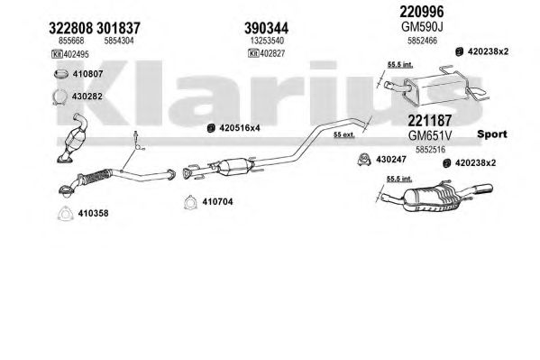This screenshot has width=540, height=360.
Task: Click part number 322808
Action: coord(70,28)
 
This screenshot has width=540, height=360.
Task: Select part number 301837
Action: coord(118,28)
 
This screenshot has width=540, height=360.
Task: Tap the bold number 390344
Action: coord(266,28)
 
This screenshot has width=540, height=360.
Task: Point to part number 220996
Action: coord(422,12)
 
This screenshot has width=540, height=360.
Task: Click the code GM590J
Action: coord(422,26)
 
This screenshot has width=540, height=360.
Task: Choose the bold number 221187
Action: coord(429,121)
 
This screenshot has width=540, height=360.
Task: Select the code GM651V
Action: coord(429,135)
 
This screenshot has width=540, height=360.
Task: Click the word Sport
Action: coord(492,134)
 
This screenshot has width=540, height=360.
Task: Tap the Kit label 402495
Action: coord(70,54)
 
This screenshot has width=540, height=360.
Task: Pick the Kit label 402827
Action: coord(267,53)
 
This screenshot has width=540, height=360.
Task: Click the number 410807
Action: coord(87,74)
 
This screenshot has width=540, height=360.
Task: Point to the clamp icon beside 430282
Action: coord(59,97)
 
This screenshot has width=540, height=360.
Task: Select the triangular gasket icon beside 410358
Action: coord(65,214)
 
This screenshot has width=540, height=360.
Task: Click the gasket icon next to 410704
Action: coord(190,202)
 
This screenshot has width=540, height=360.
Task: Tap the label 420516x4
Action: coord(240,128)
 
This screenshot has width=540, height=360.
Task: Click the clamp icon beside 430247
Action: coord(363,159)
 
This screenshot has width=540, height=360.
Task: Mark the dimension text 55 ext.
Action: coord(344,134)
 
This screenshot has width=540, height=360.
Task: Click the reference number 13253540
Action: coord(267,41)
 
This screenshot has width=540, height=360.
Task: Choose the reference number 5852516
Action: coord(430,150)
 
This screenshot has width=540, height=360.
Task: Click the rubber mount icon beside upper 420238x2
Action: coord(459,52)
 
